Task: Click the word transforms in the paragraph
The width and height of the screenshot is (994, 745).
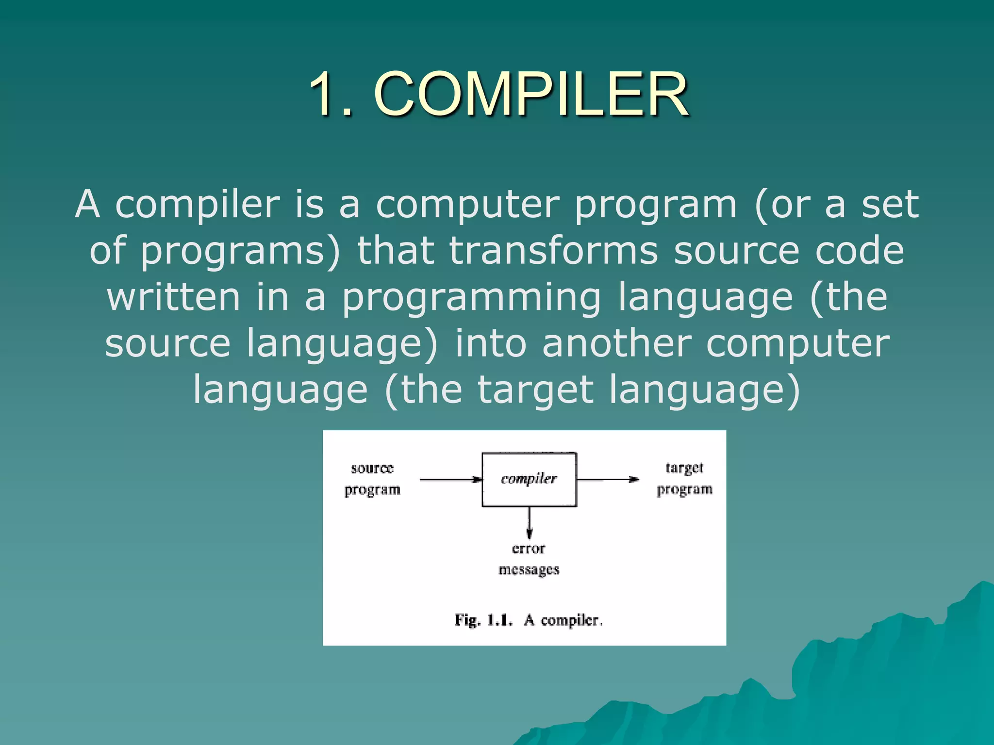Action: [553, 251]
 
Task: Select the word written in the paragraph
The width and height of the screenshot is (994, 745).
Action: [173, 297]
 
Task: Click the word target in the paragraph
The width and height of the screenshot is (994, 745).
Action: [535, 389]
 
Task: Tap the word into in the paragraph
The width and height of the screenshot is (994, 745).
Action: [490, 343]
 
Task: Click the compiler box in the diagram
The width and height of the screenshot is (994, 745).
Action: [529, 479]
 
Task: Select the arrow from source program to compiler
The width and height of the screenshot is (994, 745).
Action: [450, 480]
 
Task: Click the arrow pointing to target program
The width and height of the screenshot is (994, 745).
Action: [608, 479]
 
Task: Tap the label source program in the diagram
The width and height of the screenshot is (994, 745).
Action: [372, 479]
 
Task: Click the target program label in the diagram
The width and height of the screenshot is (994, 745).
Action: [684, 479]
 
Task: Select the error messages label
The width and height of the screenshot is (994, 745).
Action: [529, 559]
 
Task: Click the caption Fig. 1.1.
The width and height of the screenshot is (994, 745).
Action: [483, 620]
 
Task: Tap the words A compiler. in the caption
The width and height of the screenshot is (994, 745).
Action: [563, 620]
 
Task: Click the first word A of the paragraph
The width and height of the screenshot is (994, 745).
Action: [88, 205]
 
